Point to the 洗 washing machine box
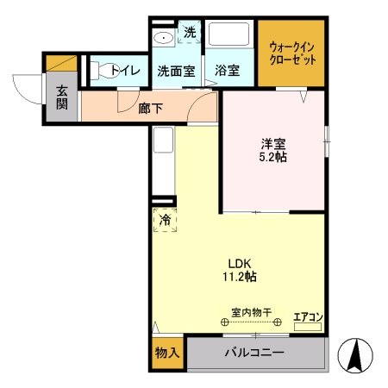189,34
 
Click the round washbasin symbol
162,38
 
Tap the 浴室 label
228,71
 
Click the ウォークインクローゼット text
293,53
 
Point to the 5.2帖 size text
273,160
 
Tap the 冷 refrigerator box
165,220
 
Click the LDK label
239,264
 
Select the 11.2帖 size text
239,277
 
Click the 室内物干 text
251,311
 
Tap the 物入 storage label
166,354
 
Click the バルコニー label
254,354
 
